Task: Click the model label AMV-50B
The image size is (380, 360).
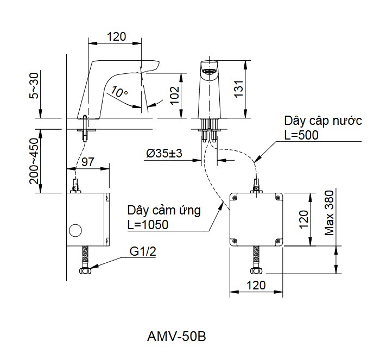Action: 176,337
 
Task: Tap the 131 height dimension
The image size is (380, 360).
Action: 239,89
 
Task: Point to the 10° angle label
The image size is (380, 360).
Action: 119,92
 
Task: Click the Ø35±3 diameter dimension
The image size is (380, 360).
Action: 164,154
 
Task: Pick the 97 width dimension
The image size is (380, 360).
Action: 88,162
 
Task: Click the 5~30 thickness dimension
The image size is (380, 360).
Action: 34,86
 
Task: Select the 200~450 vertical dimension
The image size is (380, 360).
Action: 34,161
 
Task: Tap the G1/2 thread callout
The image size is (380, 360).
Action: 143,251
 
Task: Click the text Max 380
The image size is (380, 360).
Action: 330,213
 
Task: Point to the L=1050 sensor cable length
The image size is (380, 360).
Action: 148,225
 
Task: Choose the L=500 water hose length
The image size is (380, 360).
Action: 301,135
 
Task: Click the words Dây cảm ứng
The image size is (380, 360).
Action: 164,210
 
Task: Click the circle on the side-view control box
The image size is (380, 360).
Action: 75,231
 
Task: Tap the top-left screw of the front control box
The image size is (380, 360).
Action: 235,198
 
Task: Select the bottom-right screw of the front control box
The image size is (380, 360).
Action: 278,241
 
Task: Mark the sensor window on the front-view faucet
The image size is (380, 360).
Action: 208,71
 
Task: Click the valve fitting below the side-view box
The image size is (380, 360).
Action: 85,270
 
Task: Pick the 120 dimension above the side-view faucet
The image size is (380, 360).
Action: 116,36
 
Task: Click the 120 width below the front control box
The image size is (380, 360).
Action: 256,285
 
